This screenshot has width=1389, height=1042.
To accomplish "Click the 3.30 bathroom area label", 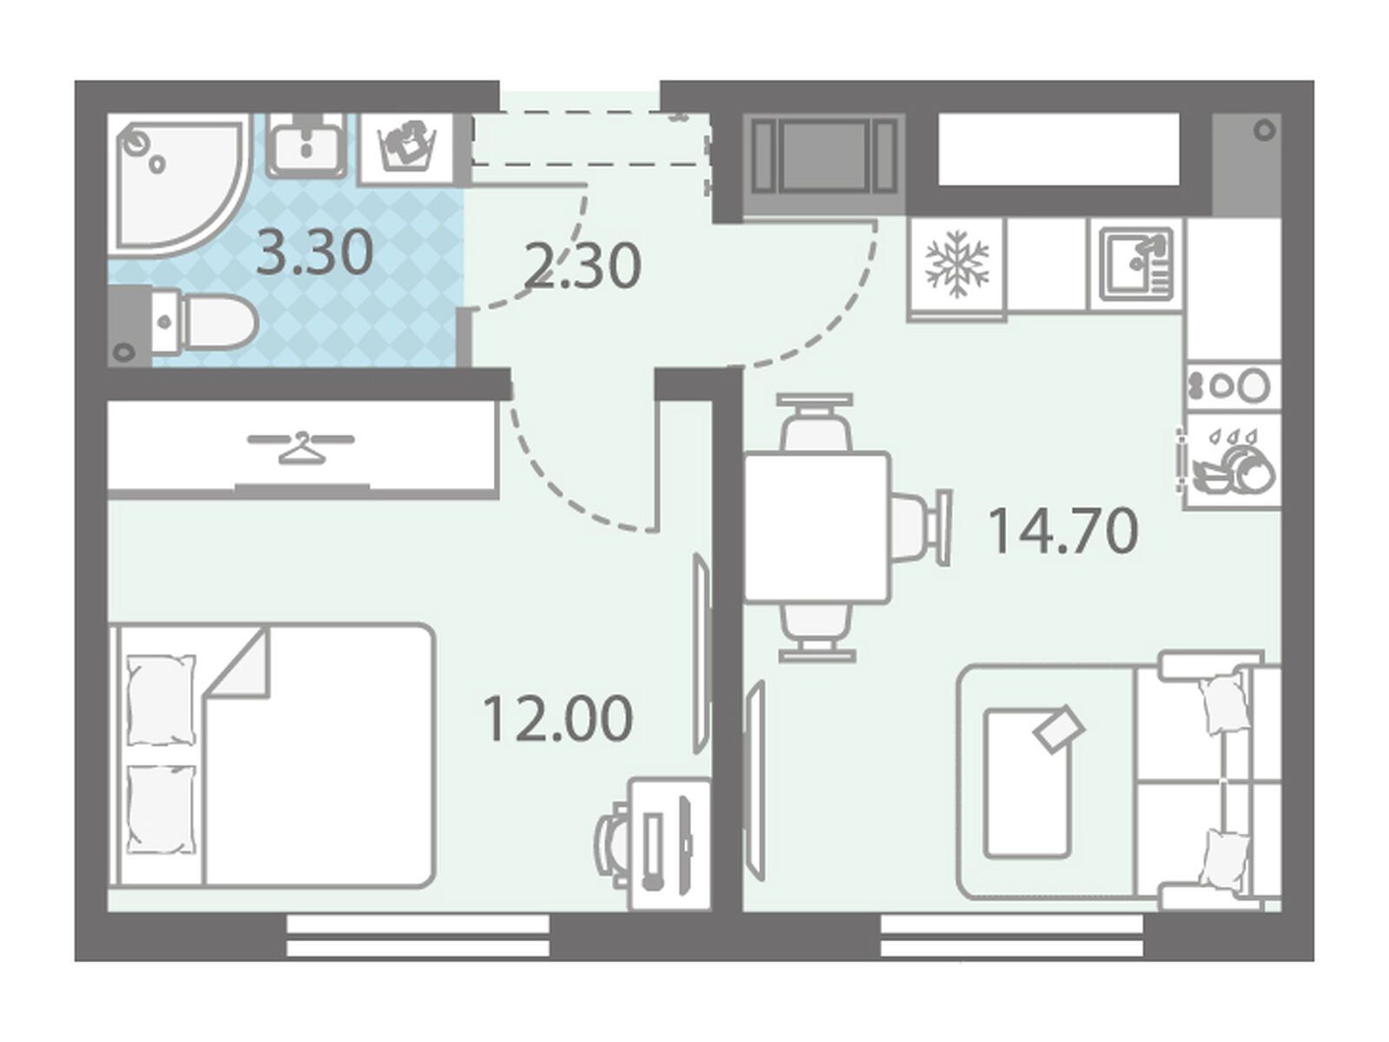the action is (x=314, y=253).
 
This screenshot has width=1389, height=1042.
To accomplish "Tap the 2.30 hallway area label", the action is (x=583, y=267).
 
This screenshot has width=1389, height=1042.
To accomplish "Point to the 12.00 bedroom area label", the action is (x=556, y=718).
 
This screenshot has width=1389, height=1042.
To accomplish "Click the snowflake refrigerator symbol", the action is (x=956, y=265).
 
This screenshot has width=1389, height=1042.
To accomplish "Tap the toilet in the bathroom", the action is (x=183, y=325).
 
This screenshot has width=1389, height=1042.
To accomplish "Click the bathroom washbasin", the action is (x=307, y=144).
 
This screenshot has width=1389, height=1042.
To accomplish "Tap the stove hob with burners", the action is (x=1232, y=386).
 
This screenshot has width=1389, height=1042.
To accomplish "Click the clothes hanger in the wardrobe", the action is (x=300, y=448).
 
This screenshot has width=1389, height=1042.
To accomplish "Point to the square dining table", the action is (x=817, y=526).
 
